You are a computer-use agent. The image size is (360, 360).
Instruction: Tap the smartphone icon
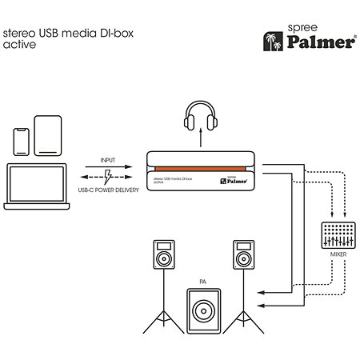point(22,142)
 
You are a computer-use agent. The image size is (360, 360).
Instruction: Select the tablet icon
point(48,135)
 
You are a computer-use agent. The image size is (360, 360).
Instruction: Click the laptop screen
point(37,184)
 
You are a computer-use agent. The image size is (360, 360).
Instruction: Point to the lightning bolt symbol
point(108,177)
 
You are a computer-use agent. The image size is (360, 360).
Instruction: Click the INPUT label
point(108,160)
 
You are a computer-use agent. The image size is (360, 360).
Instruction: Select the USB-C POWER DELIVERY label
point(109,190)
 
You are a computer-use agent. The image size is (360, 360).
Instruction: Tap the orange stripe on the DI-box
point(200,169)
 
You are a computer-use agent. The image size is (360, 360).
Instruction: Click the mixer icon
point(338,235)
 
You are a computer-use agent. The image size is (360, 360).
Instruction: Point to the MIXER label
point(338,254)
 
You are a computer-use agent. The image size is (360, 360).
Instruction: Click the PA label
point(203,282)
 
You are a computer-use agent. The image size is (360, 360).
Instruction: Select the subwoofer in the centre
point(204,311)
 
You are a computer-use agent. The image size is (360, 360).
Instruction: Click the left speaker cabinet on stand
point(164,254)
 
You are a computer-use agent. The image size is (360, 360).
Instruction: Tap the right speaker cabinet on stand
point(244,254)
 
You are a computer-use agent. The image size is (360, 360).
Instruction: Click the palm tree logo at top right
point(273,42)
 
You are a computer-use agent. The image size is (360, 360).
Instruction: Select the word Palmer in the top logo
point(321,42)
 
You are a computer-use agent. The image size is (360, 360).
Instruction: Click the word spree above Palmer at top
point(302,28)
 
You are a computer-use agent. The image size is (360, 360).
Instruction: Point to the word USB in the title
point(49,33)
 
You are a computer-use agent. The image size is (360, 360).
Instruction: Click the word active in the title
point(19,45)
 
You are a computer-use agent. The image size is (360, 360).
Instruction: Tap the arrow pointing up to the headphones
point(201,138)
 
